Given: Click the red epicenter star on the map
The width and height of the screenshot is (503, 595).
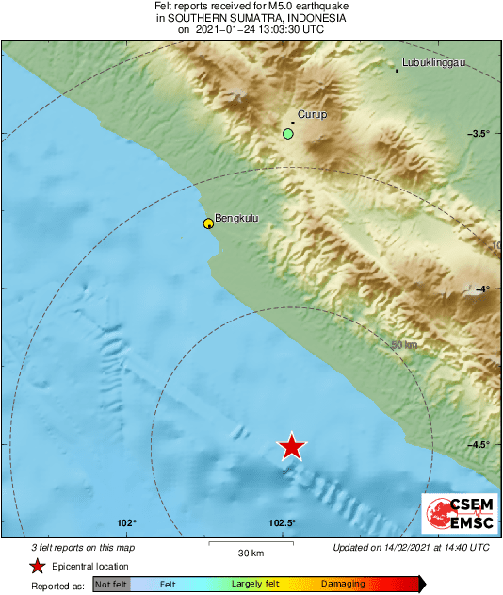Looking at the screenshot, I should coord(293,447).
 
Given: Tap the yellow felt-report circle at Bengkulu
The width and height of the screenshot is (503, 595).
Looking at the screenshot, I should coord(208,223).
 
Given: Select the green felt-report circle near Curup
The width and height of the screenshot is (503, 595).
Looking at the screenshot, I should coord(288,134).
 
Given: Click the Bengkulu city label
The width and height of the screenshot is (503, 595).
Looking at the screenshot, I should coord(236,219).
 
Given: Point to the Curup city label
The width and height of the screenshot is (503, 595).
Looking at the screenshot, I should coord(312,114).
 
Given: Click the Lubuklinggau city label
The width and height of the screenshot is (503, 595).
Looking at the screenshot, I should coord(433,63).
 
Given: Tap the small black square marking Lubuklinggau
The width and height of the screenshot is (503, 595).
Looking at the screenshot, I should coord(397,71).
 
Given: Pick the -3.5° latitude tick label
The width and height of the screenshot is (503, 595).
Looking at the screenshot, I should coord(479,133).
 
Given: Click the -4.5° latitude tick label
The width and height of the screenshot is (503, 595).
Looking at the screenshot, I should coord(480,445).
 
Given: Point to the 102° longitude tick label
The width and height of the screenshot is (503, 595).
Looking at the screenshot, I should coord(128,523).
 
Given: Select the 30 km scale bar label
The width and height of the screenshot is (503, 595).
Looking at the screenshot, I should coord(250,553).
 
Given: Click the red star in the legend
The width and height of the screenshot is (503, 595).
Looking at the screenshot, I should coord(37,566).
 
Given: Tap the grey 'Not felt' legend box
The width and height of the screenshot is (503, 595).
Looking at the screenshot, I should coord(110,585).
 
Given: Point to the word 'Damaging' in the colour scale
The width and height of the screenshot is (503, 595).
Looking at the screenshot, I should coord(343,585).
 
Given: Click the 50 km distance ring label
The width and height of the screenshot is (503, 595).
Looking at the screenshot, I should coord(403,345).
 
